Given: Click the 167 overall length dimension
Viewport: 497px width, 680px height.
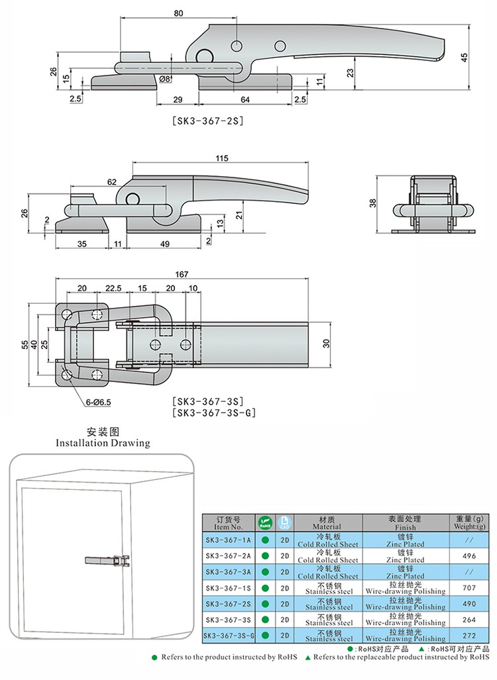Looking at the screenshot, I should tap(182, 274).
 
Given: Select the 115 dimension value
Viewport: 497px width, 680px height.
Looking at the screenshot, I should tap(221, 158).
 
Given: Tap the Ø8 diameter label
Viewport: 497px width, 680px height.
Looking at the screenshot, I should tap(166, 79).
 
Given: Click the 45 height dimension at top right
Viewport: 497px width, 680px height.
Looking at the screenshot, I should tap(464, 57).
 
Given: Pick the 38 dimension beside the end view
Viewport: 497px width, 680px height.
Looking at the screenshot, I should tap(373, 203).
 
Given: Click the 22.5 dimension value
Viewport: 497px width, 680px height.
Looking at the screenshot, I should tap(113, 288).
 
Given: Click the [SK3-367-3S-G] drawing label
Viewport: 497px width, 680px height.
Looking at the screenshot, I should tap(213, 413).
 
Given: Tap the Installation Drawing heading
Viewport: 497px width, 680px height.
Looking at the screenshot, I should tap(103, 443).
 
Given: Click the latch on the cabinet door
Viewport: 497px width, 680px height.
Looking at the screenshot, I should tap(107, 561).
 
